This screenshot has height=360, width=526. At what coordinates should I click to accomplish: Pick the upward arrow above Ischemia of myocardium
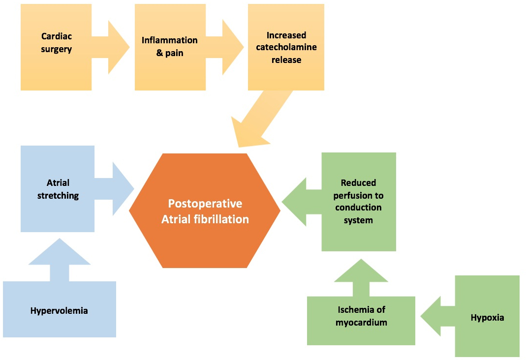pos(361,278)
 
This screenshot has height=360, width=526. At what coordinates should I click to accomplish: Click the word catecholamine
pos(286,48)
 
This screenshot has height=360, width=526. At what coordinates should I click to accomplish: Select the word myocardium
pos(361,323)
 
